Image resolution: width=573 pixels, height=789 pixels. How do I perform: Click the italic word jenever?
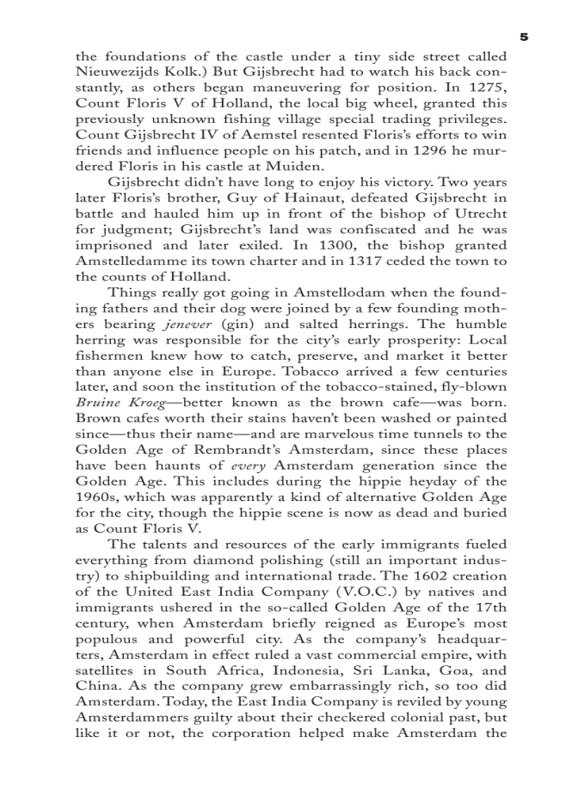pos(187,324)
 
